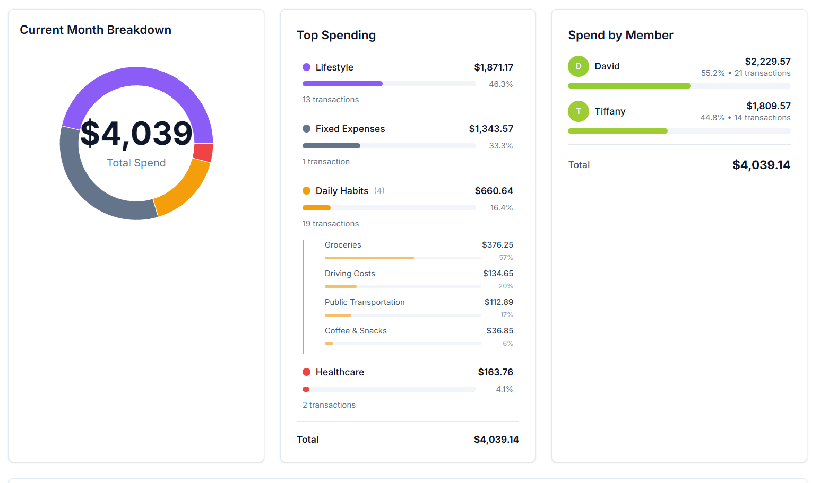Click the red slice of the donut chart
pyautogui.click(x=203, y=152)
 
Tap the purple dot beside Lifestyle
pyautogui.click(x=306, y=67)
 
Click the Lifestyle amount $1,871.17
pyautogui.click(x=493, y=67)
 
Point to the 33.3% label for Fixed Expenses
pyautogui.click(x=500, y=146)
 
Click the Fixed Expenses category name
pyautogui.click(x=350, y=129)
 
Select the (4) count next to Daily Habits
pyautogui.click(x=379, y=191)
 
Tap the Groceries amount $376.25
pyautogui.click(x=497, y=245)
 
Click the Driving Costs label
pyautogui.click(x=350, y=274)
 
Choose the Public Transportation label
pyautogui.click(x=365, y=302)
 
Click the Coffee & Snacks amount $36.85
pyautogui.click(x=499, y=331)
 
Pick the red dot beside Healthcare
pyautogui.click(x=306, y=372)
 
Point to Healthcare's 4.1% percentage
pyautogui.click(x=504, y=389)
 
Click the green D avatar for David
pyautogui.click(x=579, y=66)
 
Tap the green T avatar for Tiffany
pyautogui.click(x=579, y=111)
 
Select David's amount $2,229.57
pyautogui.click(x=767, y=62)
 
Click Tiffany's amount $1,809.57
pyautogui.click(x=768, y=106)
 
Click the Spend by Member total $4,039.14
pyautogui.click(x=761, y=165)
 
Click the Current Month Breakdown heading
pyautogui.click(x=96, y=30)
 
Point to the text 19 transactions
pyautogui.click(x=331, y=224)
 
